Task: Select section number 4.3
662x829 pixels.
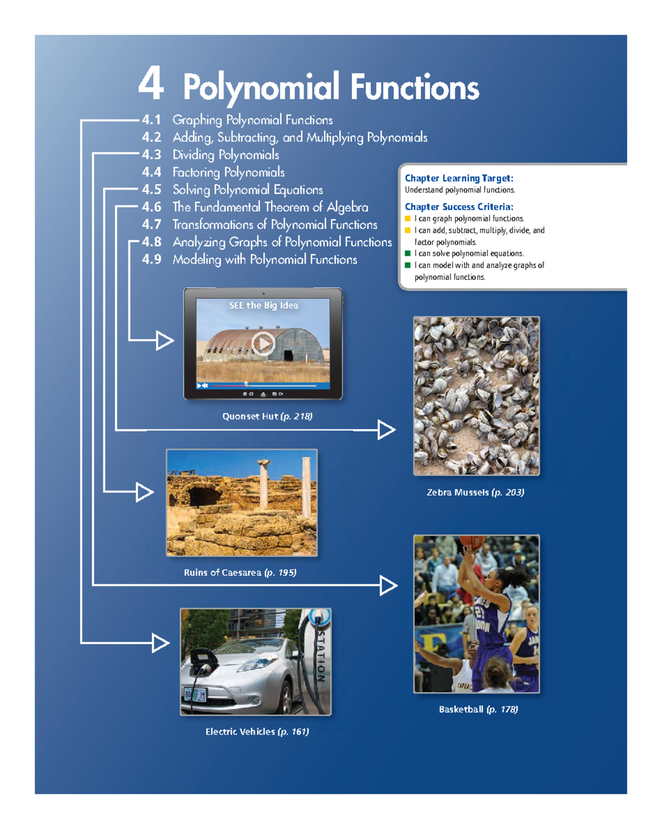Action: coord(151,155)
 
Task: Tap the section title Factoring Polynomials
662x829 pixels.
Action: coord(228,172)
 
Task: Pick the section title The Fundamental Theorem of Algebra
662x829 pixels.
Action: coord(270,207)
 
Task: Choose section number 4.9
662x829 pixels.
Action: coord(151,259)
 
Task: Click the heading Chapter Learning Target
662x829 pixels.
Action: coord(459,178)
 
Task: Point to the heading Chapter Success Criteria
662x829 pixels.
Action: coord(459,207)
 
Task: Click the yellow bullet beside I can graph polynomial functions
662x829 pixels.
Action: coord(408,218)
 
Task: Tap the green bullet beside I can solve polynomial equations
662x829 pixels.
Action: coord(408,254)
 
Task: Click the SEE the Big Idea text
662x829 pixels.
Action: coord(264,305)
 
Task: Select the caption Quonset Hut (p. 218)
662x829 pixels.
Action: coord(267,416)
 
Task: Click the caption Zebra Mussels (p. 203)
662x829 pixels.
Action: coord(476,492)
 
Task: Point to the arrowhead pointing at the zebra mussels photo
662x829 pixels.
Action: coord(386,430)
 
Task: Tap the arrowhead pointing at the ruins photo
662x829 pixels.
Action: coord(145,492)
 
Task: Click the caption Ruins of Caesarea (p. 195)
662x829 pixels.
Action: coord(240,572)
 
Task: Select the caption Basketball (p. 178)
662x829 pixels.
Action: coord(478,709)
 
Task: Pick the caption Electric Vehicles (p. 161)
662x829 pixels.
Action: coord(257,732)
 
